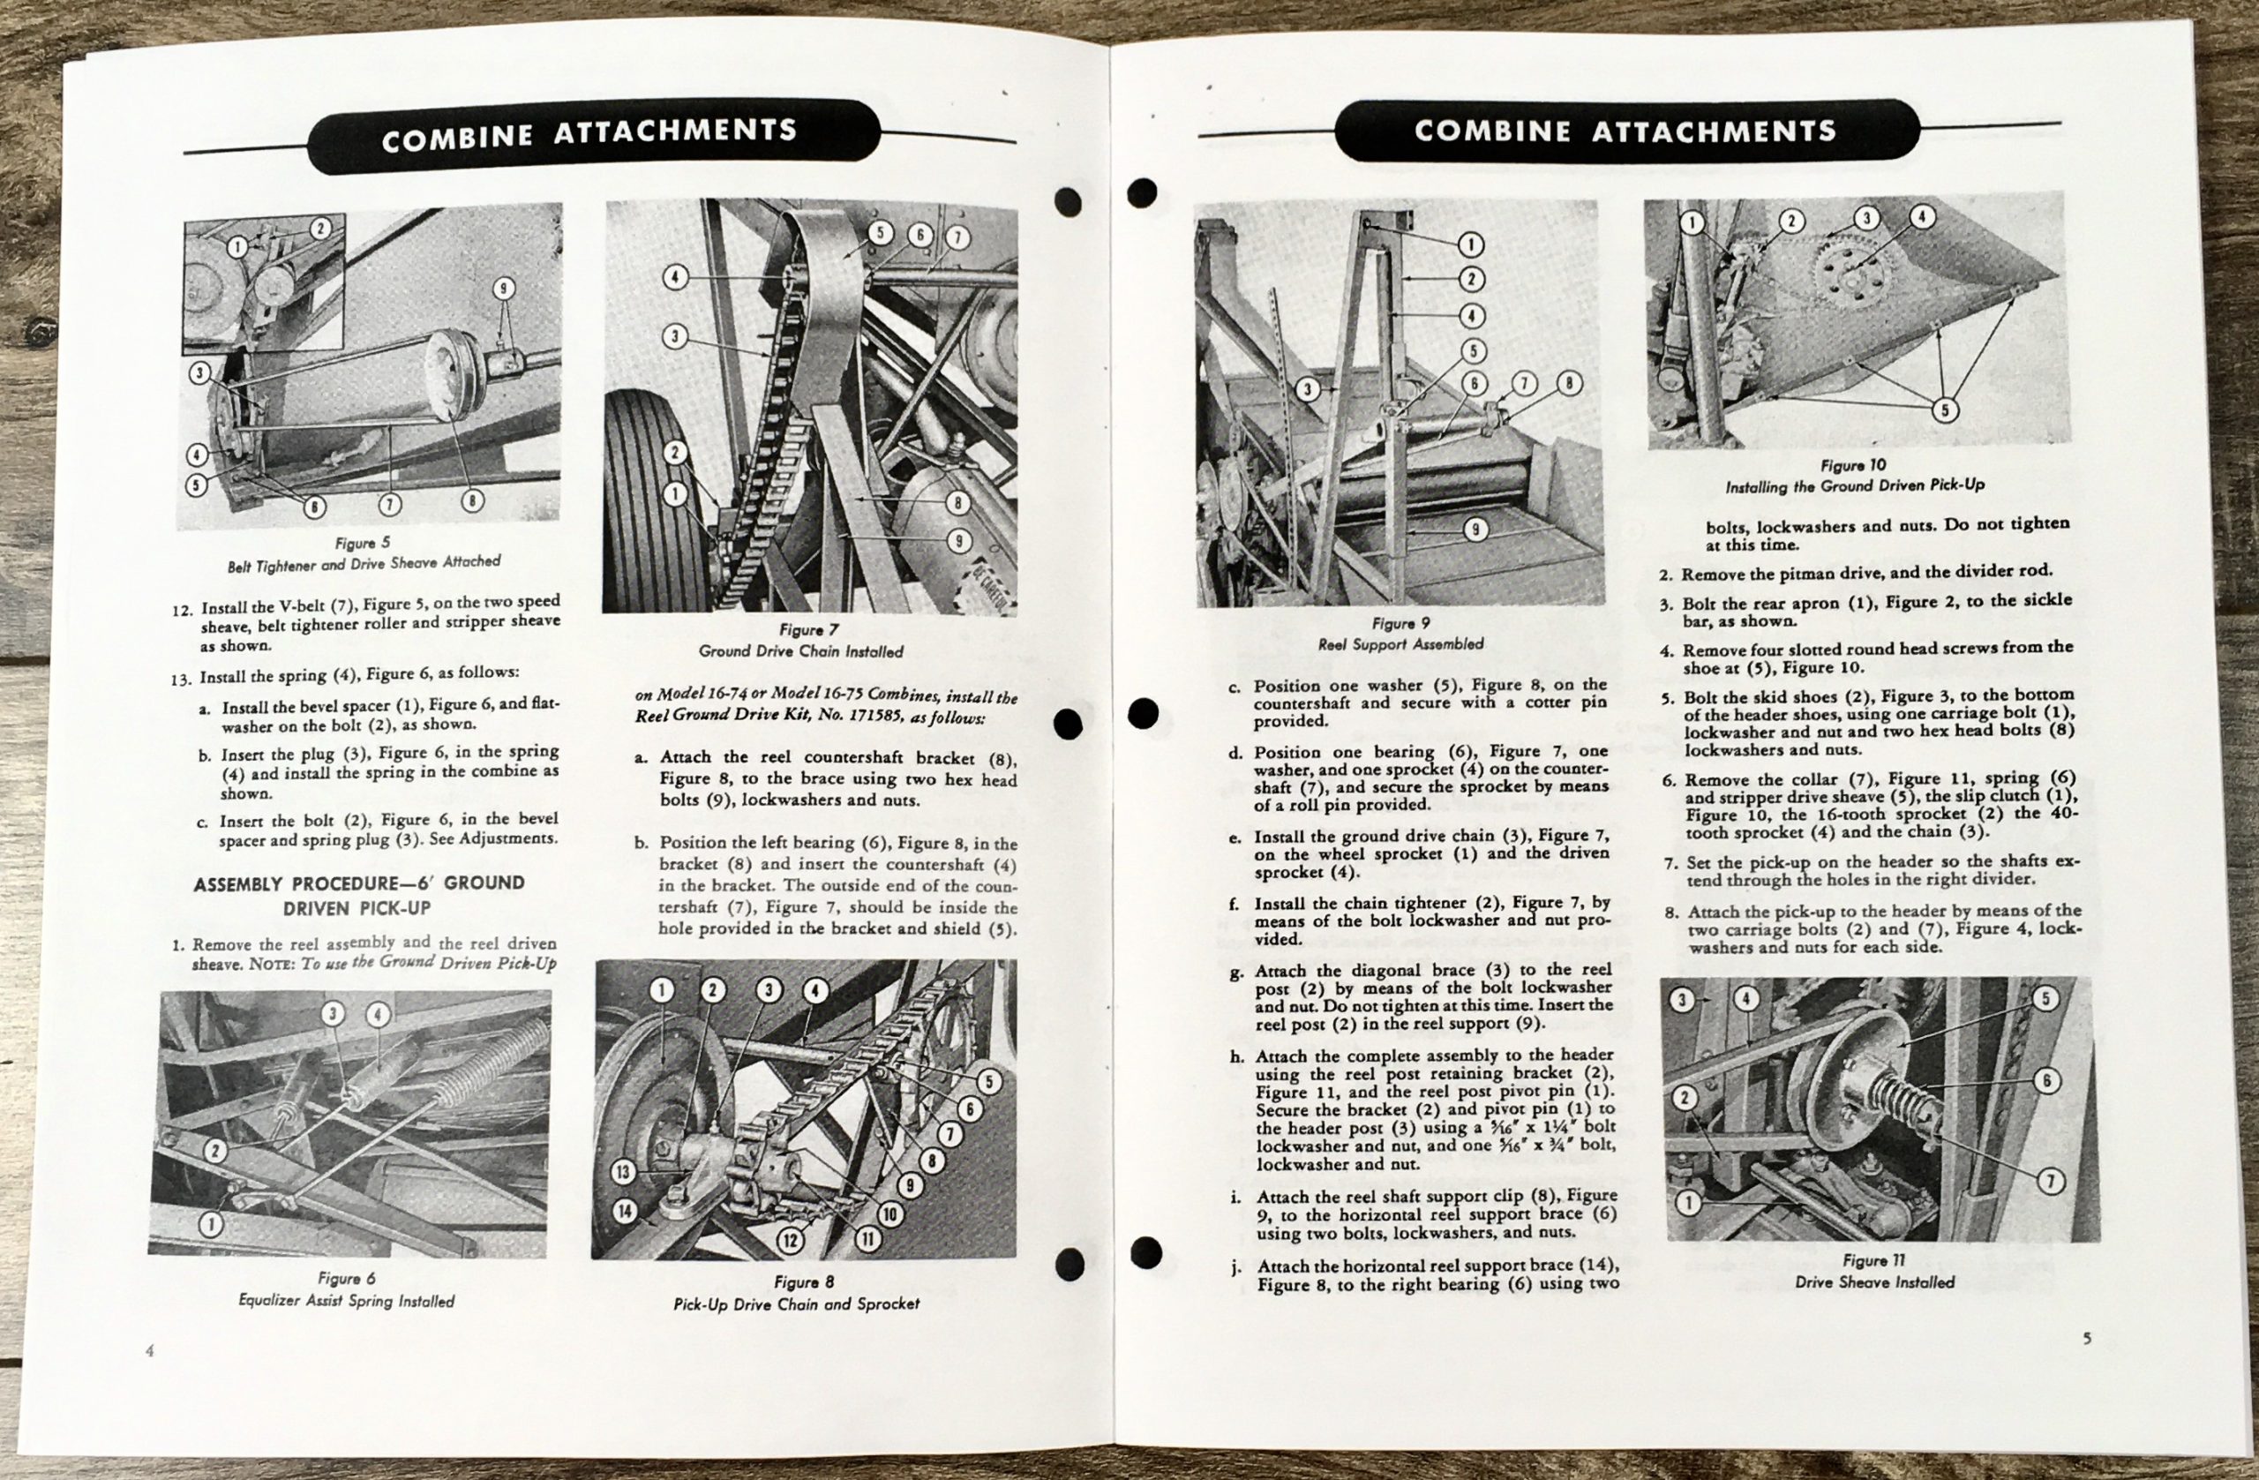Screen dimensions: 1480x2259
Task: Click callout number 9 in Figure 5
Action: (x=504, y=288)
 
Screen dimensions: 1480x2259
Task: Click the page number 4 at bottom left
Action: (x=150, y=1351)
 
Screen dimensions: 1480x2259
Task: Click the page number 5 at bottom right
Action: (x=2087, y=1340)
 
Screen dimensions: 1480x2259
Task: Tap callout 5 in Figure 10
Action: (x=1945, y=410)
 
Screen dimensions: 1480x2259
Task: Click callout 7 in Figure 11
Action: (x=2050, y=1181)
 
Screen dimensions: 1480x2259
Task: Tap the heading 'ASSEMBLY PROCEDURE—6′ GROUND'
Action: (x=359, y=883)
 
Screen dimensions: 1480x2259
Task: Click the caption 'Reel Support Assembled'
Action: (x=1400, y=643)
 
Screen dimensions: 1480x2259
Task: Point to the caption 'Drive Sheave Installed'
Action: (x=1873, y=1282)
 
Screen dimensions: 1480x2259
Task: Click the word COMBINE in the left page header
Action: (x=457, y=137)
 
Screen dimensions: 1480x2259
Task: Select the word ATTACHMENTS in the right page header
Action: (x=1715, y=131)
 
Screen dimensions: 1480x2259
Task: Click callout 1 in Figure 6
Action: (x=210, y=1225)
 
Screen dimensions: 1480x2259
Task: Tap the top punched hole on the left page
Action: (x=1068, y=202)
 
